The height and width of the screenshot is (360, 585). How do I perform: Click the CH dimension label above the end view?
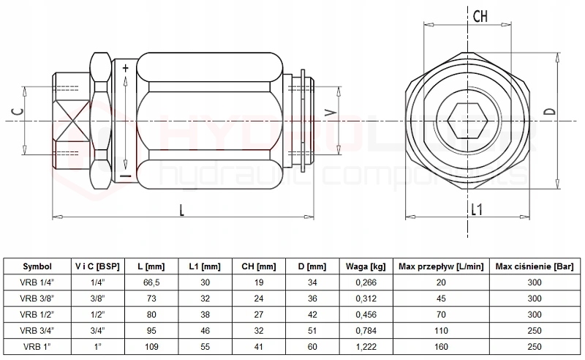(x=480, y=16)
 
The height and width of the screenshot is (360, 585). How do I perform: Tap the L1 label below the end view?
(x=476, y=209)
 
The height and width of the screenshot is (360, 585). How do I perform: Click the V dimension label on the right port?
(x=331, y=113)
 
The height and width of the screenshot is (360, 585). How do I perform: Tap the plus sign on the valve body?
(x=126, y=69)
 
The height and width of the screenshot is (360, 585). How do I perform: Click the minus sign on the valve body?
(x=125, y=176)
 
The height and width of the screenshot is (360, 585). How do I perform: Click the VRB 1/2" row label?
(x=37, y=315)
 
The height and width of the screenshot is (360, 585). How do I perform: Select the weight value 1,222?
(x=367, y=345)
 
